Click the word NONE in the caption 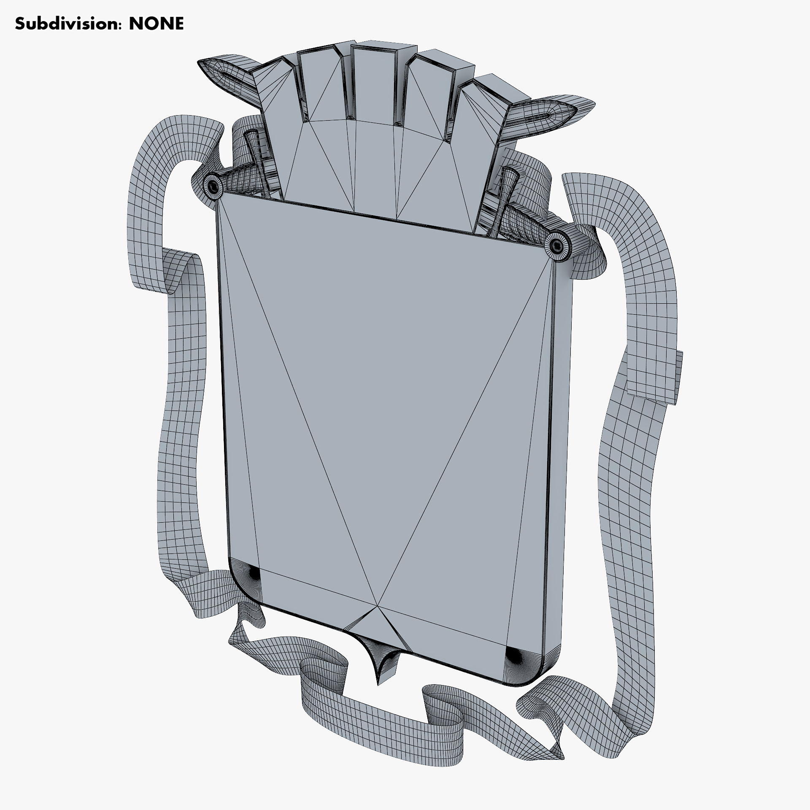pos(157,24)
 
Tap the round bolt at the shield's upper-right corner pos(558,246)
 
